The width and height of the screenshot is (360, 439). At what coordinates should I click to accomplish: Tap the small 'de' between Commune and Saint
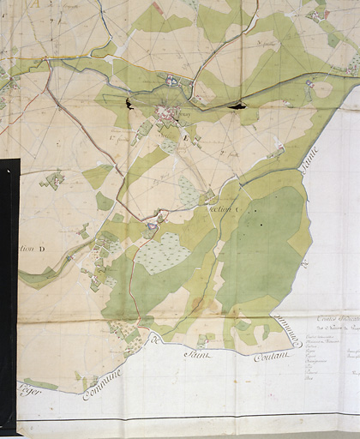(155, 343)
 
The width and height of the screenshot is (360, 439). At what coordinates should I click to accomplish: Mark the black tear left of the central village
(130, 104)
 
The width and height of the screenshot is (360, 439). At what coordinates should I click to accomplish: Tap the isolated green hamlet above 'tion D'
(53, 180)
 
